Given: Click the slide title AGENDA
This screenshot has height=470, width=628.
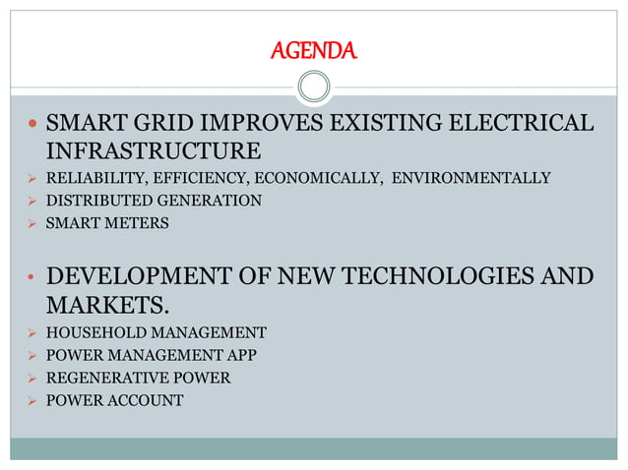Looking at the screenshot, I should coord(314,49).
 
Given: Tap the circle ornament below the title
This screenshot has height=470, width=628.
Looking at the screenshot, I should coord(314,87).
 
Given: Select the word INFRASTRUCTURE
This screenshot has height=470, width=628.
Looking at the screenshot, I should coord(154,150).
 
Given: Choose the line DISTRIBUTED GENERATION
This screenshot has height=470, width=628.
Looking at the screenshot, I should coord(154,201).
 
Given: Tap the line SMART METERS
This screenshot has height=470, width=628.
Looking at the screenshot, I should coord(107,223).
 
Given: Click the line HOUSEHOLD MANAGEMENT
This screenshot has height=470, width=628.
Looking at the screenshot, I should coord(156,331).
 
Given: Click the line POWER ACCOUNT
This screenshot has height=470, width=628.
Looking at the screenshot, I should coord(114,400).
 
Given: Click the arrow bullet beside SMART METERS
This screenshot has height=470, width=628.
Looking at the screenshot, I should coord(30,223).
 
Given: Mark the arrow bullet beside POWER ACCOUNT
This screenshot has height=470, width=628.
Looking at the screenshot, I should coord(30,400).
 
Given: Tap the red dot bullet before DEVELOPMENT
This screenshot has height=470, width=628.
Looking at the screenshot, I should coord(30,276).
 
